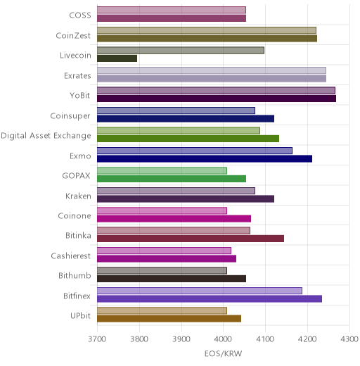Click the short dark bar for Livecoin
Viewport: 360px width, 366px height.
(x=117, y=58)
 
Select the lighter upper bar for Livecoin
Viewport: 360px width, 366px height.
(x=181, y=50)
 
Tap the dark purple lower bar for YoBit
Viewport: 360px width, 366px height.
(x=217, y=99)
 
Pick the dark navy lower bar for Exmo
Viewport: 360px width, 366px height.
(x=205, y=159)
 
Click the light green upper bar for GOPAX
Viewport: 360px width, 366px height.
(x=162, y=170)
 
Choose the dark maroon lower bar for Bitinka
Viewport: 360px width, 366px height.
(x=191, y=239)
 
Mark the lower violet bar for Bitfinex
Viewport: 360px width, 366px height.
(x=210, y=299)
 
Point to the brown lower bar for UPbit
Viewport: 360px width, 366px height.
(x=169, y=319)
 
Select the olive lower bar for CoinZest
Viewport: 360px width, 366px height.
(x=207, y=39)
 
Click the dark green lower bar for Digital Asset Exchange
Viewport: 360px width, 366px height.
(x=188, y=139)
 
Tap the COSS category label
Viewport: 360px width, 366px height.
(x=80, y=15)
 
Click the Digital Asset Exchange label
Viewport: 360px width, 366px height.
(x=46, y=136)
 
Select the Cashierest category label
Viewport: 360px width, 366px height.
(x=71, y=255)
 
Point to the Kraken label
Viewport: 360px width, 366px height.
(x=78, y=196)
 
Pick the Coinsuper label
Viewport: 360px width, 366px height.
(x=70, y=116)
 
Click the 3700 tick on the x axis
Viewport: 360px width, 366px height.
(x=97, y=339)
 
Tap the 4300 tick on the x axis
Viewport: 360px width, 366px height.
(x=349, y=339)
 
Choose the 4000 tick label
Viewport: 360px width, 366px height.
(x=223, y=339)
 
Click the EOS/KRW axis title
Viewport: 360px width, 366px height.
(x=223, y=353)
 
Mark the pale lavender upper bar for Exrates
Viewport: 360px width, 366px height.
(x=212, y=70)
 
